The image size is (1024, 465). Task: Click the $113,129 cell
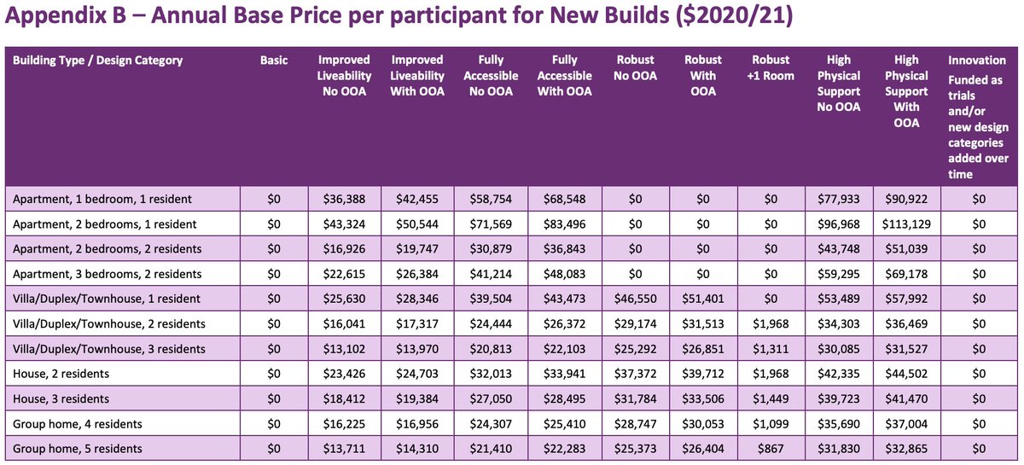tap(906, 224)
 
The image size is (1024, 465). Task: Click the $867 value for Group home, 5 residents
tap(771, 449)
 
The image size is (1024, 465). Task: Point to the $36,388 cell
tap(344, 199)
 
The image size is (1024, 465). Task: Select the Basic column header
tap(274, 60)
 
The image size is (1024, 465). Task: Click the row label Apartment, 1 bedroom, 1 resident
tap(102, 199)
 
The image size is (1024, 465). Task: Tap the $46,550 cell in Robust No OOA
tap(633, 299)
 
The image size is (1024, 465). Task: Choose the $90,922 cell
tap(906, 199)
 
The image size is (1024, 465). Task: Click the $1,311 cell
tap(771, 349)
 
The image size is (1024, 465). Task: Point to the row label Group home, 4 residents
tap(78, 424)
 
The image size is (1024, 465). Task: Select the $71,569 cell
tap(491, 224)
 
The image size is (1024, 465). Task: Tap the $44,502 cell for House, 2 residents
tap(906, 374)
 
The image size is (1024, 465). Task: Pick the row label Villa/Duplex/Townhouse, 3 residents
tap(109, 349)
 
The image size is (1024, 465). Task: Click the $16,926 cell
tap(344, 249)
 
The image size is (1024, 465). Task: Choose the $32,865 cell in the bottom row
tap(906, 449)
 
